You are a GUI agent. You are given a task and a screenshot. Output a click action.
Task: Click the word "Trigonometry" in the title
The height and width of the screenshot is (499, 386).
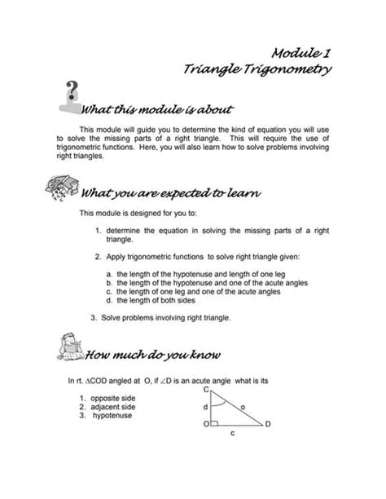tap(283, 71)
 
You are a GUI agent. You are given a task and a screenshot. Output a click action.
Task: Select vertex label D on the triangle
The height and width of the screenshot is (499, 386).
tap(268, 425)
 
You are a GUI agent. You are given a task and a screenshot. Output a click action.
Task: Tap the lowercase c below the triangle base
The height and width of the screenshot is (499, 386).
tap(232, 434)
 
